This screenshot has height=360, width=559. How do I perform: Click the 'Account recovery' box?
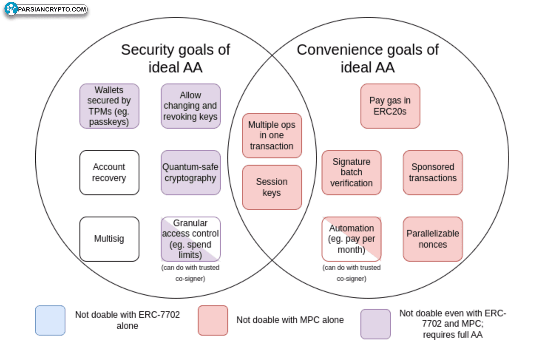click(109, 172)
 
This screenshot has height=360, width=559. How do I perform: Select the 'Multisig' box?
click(109, 239)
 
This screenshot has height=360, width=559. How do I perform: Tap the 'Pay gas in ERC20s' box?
click(390, 106)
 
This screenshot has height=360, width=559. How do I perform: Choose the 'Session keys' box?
click(272, 187)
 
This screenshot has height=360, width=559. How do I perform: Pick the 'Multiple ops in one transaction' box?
click(272, 136)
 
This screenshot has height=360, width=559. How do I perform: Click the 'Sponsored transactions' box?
click(433, 172)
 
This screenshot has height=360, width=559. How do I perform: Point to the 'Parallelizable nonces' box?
click(433, 239)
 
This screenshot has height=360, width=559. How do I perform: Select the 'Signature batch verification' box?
click(351, 172)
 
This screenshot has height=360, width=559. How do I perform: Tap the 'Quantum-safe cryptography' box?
click(190, 172)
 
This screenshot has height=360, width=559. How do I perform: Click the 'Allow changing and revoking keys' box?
click(190, 106)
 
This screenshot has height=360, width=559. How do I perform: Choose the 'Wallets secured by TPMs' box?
click(109, 106)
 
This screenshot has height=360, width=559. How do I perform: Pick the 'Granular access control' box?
click(190, 239)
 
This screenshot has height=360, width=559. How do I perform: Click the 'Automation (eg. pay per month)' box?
click(351, 239)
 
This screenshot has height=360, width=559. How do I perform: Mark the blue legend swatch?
click(50, 320)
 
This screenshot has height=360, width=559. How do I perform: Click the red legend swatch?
click(213, 320)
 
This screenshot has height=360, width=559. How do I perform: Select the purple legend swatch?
click(375, 324)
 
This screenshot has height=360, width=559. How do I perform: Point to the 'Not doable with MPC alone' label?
click(290, 320)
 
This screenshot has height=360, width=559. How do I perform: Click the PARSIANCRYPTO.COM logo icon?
click(11, 9)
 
